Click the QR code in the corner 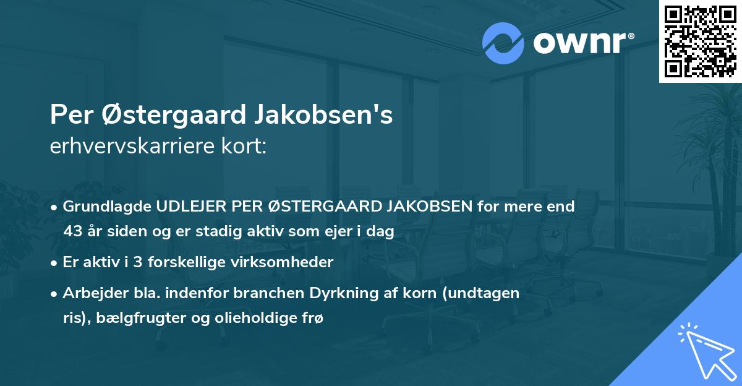(700, 41)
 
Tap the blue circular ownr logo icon (503, 43)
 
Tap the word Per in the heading (69, 115)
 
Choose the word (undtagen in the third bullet (485, 293)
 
